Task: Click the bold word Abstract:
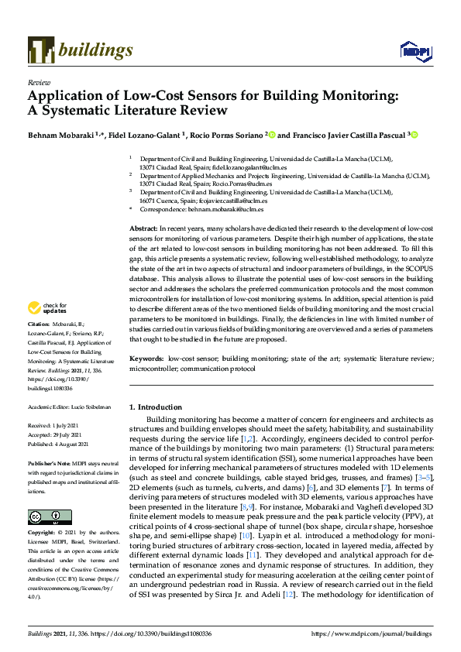click(143, 230)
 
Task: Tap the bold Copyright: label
click(43, 534)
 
